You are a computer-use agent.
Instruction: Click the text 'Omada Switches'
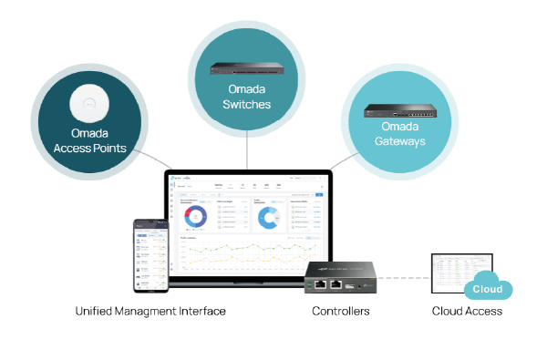pos(248,97)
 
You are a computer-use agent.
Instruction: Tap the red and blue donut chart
pos(194,216)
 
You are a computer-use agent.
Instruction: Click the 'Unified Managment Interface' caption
pos(150,312)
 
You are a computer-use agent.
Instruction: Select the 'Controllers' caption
pos(341,312)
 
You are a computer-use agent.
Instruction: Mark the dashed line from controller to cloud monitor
pos(404,277)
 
